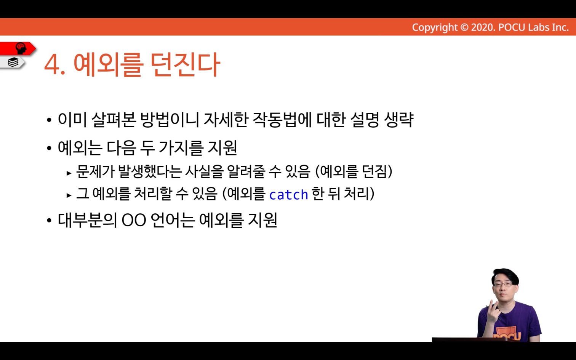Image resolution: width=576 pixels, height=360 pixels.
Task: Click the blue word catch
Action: coord(288,195)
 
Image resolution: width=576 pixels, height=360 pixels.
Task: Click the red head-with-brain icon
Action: coord(21,48)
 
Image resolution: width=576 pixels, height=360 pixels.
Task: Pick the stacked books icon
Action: coord(13,62)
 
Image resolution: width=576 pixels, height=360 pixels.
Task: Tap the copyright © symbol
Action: coord(464,27)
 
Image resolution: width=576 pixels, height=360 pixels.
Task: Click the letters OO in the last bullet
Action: coord(134,221)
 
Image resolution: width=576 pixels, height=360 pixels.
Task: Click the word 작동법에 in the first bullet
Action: coord(282,120)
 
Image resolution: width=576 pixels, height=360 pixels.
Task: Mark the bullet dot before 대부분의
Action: coord(49,221)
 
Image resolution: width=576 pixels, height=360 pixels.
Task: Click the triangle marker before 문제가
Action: coord(69,173)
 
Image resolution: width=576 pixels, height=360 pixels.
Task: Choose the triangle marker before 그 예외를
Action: coord(69,196)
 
